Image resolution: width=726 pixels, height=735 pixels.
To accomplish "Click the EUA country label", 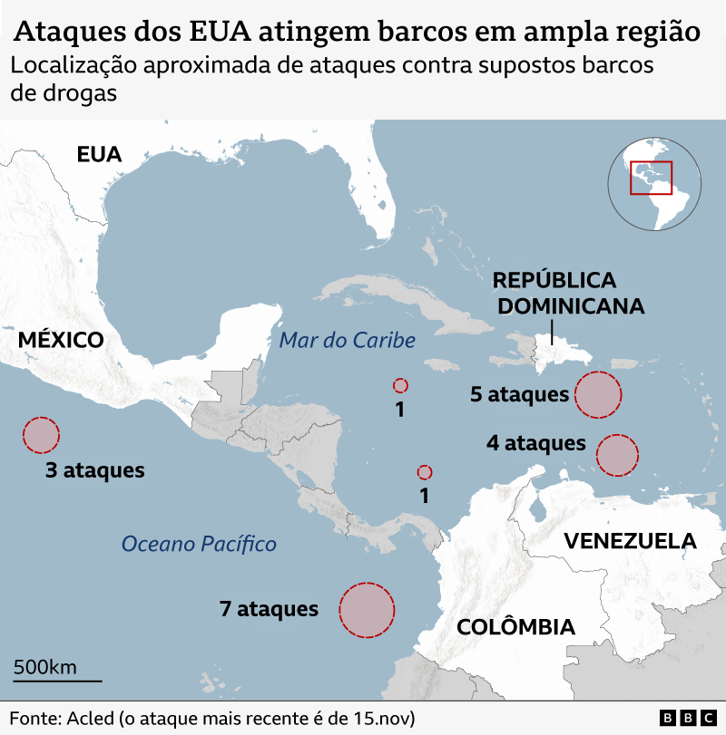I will click(x=99, y=154).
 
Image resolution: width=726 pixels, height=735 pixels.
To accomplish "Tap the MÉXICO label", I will click(x=61, y=340).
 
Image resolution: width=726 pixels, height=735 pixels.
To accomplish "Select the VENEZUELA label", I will click(x=630, y=541).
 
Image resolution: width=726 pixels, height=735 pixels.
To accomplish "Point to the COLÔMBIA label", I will click(x=515, y=626).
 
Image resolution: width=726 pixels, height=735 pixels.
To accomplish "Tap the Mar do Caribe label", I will click(x=348, y=341).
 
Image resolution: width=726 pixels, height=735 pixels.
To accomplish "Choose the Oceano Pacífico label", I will click(x=199, y=544).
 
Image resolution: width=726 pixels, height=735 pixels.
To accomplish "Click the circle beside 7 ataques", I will click(x=367, y=610).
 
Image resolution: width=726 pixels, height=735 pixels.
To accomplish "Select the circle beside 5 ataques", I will click(x=598, y=394).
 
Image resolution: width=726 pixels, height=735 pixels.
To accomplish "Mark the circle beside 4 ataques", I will click(x=617, y=455).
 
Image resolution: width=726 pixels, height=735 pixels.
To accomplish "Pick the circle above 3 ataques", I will click(x=41, y=435).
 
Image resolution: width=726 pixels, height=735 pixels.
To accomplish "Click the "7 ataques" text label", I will click(x=269, y=609).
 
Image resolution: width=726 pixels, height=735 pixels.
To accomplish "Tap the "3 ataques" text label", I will click(x=95, y=470).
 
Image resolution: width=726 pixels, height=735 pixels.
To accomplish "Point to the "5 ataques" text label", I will click(x=520, y=394).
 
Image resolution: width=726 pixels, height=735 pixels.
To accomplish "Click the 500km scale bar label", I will click(x=44, y=667).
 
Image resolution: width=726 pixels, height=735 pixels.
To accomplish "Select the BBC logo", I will click(x=687, y=718).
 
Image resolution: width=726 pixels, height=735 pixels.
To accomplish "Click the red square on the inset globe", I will click(x=651, y=177).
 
